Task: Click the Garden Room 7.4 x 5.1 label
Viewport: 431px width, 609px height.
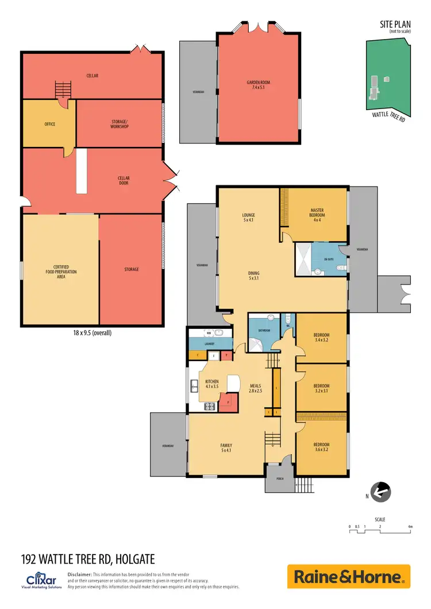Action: (258, 86)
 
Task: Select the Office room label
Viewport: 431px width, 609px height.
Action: (50, 124)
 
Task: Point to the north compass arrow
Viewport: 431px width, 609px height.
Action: (379, 491)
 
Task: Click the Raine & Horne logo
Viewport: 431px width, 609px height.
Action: (349, 576)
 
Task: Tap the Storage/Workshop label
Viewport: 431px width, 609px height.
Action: (120, 124)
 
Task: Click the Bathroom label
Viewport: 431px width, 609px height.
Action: (264, 331)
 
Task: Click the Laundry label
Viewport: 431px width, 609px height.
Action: (210, 344)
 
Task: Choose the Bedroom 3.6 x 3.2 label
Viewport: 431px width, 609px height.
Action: (321, 447)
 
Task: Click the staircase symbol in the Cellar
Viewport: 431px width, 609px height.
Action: (63, 90)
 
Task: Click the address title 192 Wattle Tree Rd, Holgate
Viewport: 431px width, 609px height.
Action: (88, 558)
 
